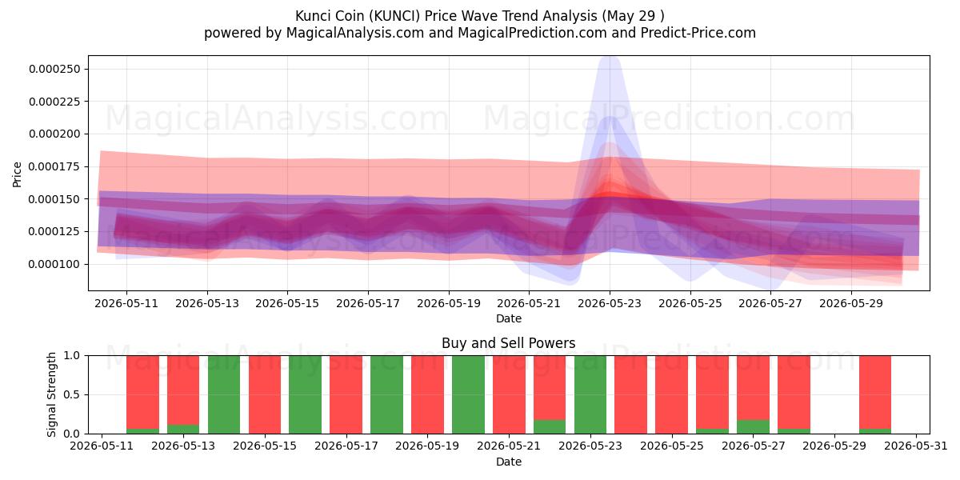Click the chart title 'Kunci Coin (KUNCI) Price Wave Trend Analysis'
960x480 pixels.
click(x=446, y=16)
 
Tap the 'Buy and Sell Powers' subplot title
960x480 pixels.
click(x=508, y=343)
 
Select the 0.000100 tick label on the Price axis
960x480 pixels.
click(x=54, y=264)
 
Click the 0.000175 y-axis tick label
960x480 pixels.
click(x=54, y=166)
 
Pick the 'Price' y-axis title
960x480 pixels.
click(x=17, y=174)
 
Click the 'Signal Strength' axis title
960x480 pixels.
click(x=51, y=394)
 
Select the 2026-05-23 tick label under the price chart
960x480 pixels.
click(x=610, y=303)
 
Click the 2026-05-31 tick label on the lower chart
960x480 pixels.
click(x=916, y=446)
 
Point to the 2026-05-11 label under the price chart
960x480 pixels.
click(x=126, y=303)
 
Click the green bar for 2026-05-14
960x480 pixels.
click(x=224, y=394)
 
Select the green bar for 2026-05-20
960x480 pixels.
click(x=468, y=394)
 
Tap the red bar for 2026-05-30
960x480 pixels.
click(x=875, y=392)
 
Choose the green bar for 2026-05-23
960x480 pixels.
click(x=590, y=394)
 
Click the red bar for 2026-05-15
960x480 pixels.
click(x=265, y=394)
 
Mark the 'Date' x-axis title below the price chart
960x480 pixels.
click(x=508, y=318)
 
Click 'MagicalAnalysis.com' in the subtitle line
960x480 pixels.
click(x=355, y=33)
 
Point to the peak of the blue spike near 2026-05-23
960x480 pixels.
click(x=610, y=57)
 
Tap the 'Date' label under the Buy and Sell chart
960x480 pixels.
click(x=508, y=462)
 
